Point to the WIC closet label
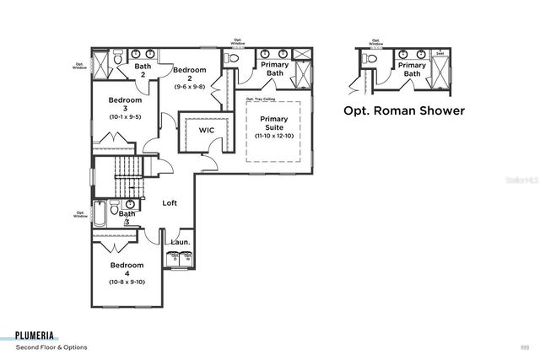click(206, 131)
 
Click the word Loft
click(170, 202)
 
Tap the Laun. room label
click(180, 242)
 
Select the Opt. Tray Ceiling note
click(261, 99)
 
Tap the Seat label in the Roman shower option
click(440, 53)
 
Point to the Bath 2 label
click(143, 70)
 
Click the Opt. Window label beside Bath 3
click(80, 214)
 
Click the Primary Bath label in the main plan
click(274, 69)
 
